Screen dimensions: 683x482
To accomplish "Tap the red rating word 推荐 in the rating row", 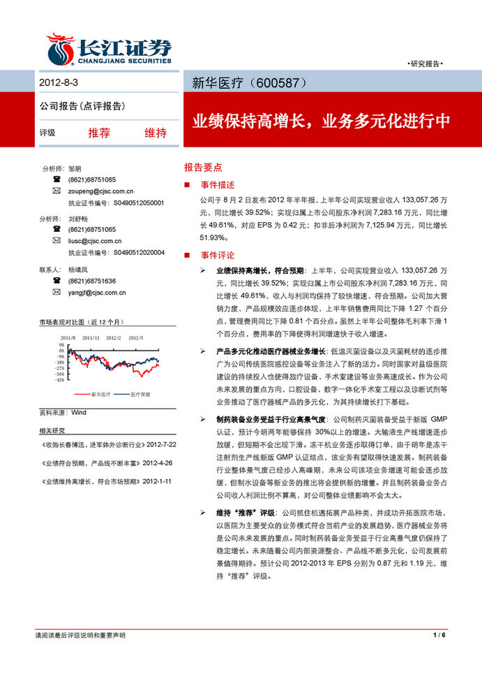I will click(99, 133).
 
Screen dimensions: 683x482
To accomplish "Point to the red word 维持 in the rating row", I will click(155, 133).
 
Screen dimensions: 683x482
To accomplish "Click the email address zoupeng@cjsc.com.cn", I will click(100, 191).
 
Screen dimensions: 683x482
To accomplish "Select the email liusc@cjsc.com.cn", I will click(96, 240).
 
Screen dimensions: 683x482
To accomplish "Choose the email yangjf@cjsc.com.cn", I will click(97, 292).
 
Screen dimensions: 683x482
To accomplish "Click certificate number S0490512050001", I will click(138, 203).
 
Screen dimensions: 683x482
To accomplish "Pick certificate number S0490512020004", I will click(138, 252).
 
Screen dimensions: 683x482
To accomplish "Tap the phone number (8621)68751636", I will click(92, 281).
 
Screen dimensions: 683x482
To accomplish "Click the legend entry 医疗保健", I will click(140, 395).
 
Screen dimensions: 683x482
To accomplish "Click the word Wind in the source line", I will click(79, 413).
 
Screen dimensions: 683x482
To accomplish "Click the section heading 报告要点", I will click(203, 168).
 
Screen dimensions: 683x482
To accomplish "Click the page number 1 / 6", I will click(439, 636).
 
